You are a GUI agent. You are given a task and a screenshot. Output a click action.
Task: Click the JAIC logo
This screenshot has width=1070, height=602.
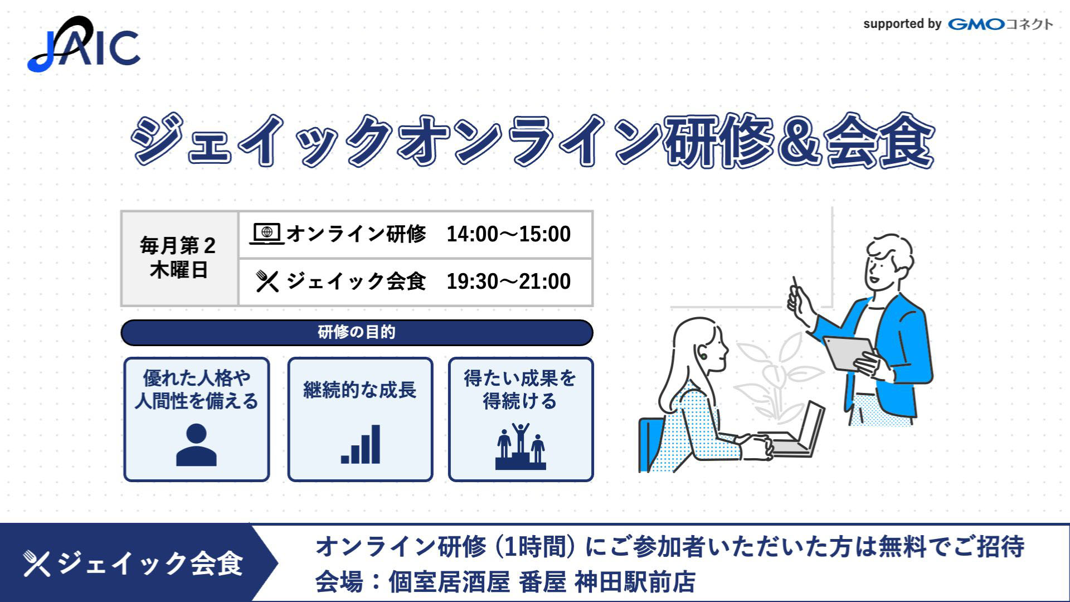coord(84,44)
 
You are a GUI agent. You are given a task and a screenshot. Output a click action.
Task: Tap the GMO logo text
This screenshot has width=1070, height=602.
coord(976,24)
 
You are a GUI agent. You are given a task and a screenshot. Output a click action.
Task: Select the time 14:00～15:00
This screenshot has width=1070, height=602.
coord(508,234)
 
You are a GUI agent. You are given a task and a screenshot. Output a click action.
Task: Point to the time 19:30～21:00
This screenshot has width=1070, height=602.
coord(508,281)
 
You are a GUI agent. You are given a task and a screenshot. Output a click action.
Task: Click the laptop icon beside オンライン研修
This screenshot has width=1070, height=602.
coord(267,234)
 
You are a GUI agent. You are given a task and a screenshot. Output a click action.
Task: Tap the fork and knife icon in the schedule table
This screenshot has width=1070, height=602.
coord(267,281)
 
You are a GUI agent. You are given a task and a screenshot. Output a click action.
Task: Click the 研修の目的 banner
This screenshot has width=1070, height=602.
coord(357,332)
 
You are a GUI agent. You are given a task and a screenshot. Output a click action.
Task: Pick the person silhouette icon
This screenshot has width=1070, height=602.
coord(196,445)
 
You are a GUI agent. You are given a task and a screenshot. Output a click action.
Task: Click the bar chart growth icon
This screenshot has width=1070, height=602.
coord(361,444)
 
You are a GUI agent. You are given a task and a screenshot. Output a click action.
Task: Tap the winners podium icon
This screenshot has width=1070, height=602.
coord(521,446)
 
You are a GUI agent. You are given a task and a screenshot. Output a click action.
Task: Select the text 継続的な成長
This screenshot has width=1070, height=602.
coord(360,390)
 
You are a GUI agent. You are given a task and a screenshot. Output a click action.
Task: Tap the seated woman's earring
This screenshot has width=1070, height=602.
coord(704,356)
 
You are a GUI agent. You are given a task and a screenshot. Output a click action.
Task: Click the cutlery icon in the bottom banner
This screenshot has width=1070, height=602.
coord(37,563)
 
